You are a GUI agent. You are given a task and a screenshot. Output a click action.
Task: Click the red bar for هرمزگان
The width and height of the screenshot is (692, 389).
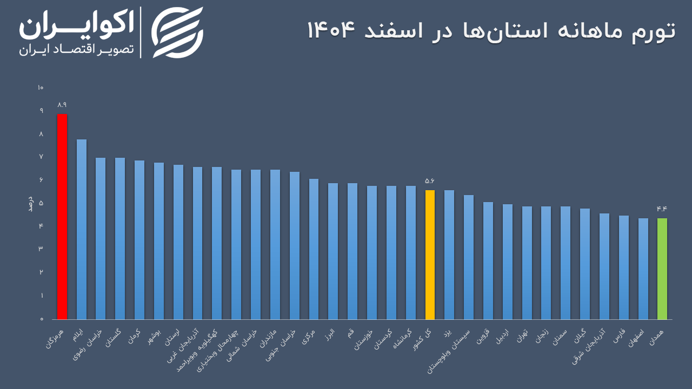pyautogui.click(x=62, y=216)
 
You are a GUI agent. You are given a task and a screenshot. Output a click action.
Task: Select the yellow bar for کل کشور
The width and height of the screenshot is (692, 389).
pyautogui.click(x=430, y=254)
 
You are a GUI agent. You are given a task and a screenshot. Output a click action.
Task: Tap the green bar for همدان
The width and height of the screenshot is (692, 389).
pyautogui.click(x=662, y=269)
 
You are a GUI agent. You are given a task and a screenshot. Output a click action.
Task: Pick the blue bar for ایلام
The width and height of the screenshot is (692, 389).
pyautogui.click(x=82, y=229)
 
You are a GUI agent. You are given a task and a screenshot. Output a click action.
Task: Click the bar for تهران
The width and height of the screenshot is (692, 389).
pyautogui.click(x=527, y=263)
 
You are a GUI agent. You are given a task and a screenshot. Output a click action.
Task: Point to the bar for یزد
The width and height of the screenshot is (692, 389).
pyautogui.click(x=449, y=254)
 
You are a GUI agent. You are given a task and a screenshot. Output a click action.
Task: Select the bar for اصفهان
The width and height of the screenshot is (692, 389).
pyautogui.click(x=643, y=269)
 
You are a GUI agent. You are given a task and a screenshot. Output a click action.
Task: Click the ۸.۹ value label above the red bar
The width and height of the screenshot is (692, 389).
pyautogui.click(x=62, y=105)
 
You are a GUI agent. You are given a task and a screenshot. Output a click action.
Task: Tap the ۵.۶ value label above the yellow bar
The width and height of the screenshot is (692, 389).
pyautogui.click(x=430, y=181)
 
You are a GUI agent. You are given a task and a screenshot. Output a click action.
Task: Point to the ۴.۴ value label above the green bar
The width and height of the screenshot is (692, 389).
pyautogui.click(x=662, y=209)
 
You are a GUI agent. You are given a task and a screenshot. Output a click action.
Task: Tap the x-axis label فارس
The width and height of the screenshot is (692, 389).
pyautogui.click(x=620, y=336)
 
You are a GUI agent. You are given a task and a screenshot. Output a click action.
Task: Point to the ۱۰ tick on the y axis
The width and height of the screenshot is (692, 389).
pyautogui.click(x=41, y=88)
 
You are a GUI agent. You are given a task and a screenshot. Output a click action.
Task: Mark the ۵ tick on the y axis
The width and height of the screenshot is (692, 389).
pyautogui.click(x=41, y=203)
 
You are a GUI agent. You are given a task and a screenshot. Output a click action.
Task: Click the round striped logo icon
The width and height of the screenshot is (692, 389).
pyautogui.click(x=177, y=32)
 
